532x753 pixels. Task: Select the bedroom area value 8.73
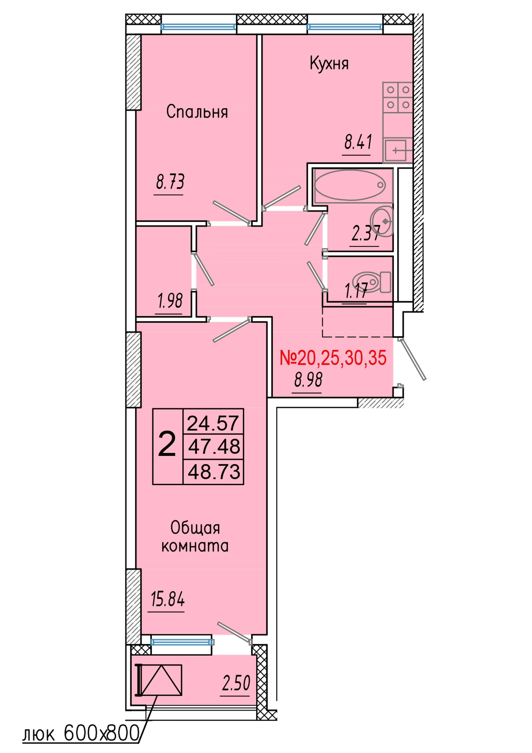[x=170, y=182]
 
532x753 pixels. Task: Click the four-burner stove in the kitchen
[x=398, y=97]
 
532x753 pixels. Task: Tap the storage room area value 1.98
[x=170, y=301]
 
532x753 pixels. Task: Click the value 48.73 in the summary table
[x=214, y=472]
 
